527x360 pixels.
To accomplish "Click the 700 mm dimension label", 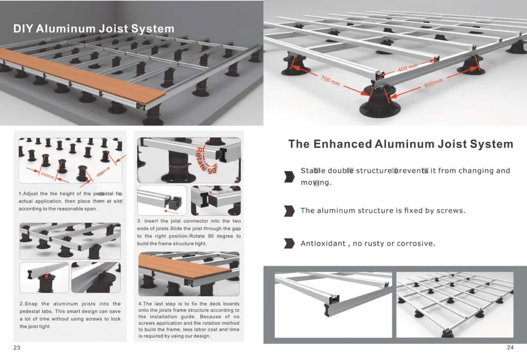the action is coord(330,81).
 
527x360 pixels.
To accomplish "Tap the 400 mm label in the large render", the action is coord(408,68).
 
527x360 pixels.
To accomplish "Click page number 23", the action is coord(17,348).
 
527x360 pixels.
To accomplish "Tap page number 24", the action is coord(510,348).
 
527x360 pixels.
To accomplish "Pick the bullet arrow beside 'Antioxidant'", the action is coord(289,243).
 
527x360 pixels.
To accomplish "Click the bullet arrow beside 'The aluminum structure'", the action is coord(289,211).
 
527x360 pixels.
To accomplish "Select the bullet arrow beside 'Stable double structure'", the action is coord(289,177).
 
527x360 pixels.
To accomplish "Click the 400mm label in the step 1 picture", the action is coord(47,176).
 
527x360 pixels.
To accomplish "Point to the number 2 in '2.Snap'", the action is coord(21,304).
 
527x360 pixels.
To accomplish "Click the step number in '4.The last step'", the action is coord(140,304).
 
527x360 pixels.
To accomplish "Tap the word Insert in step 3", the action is coord(151,221).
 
